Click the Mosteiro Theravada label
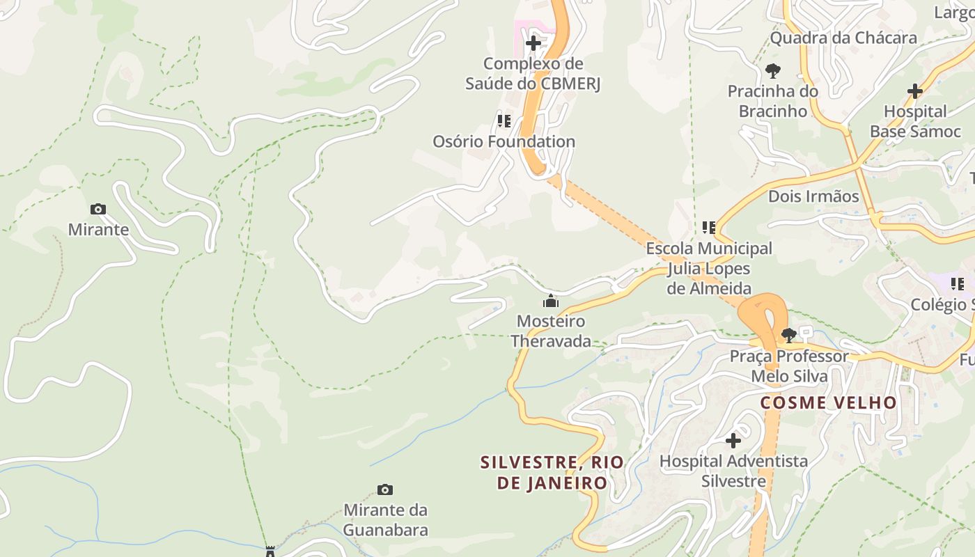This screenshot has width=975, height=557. pyautogui.click(x=550, y=331)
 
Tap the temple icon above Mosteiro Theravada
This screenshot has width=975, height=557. pyautogui.click(x=551, y=301)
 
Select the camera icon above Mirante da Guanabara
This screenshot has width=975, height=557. pyautogui.click(x=384, y=489)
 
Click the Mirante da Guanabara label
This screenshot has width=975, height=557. pyautogui.click(x=385, y=520)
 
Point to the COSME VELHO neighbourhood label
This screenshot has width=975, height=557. pyautogui.click(x=828, y=402)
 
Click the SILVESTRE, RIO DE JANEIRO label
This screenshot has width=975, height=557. pyautogui.click(x=552, y=473)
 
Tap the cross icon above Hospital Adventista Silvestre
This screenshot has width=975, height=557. pyautogui.click(x=733, y=440)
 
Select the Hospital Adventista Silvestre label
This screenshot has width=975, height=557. pyautogui.click(x=733, y=471)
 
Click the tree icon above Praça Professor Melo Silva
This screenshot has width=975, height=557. pyautogui.click(x=788, y=336)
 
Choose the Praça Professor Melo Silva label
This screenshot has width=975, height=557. pyautogui.click(x=789, y=366)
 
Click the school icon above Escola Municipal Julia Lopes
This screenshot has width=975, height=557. pyautogui.click(x=709, y=227)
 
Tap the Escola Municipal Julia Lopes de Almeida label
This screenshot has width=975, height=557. pyautogui.click(x=709, y=268)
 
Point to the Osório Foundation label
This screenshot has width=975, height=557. pyautogui.click(x=504, y=141)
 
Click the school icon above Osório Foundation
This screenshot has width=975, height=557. pyautogui.click(x=504, y=121)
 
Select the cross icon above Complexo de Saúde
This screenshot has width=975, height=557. pyautogui.click(x=533, y=43)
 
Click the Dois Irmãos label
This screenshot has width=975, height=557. pyautogui.click(x=813, y=196)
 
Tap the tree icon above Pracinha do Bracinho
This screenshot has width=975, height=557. pyautogui.click(x=772, y=70)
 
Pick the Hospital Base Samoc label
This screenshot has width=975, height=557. pyautogui.click(x=915, y=121)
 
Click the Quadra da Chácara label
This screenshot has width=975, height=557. pyautogui.click(x=843, y=38)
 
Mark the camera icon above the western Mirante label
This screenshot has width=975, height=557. pyautogui.click(x=98, y=209)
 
